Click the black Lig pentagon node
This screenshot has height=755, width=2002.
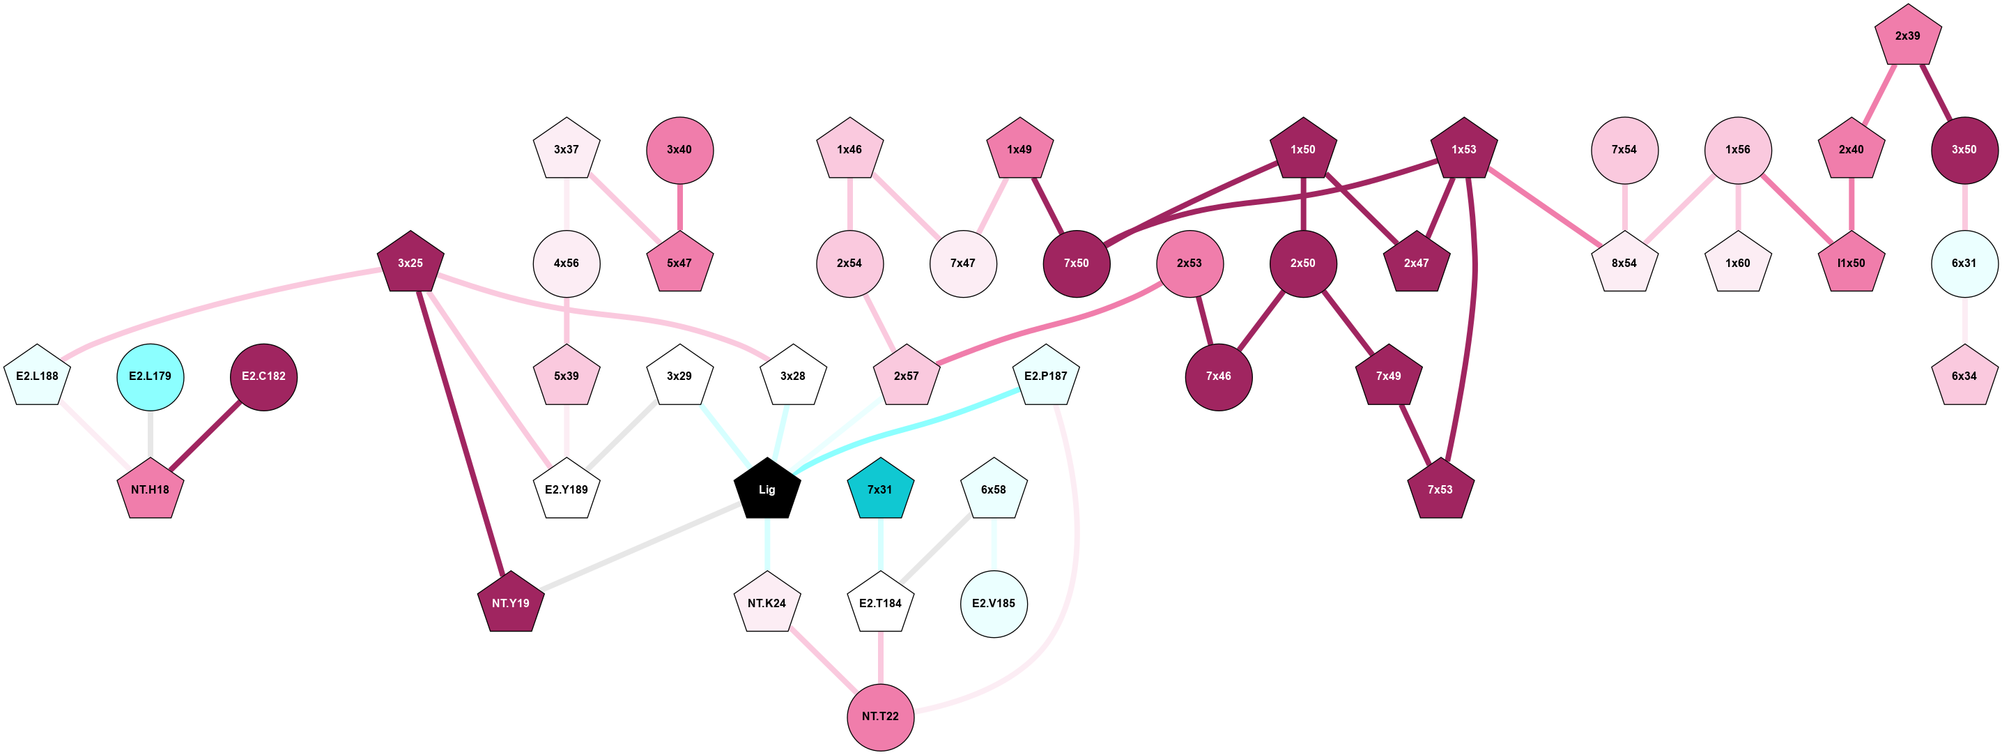(x=767, y=489)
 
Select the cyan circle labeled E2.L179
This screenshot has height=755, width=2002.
(x=150, y=376)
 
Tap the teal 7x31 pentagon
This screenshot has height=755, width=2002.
(x=880, y=489)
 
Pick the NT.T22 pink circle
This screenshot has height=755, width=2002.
(x=880, y=716)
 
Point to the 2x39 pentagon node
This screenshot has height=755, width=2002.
(x=1907, y=36)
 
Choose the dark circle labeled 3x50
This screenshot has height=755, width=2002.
(x=1964, y=149)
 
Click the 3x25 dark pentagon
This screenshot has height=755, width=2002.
(x=410, y=263)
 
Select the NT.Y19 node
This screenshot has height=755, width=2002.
(x=511, y=602)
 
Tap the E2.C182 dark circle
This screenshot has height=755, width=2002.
(x=263, y=376)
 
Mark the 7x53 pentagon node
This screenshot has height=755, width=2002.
(x=1440, y=489)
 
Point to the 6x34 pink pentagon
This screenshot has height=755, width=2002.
(x=1964, y=376)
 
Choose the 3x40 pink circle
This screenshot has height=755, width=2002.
(x=679, y=149)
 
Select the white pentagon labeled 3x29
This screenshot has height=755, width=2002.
(x=679, y=376)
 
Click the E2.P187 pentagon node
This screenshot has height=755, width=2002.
(x=1045, y=376)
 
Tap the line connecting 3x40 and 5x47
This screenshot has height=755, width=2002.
(x=679, y=207)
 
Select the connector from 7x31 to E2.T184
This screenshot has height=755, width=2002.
(x=880, y=546)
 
